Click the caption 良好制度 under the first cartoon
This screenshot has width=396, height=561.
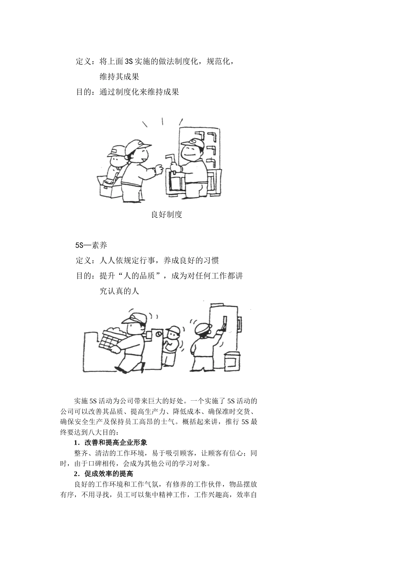pyautogui.click(x=166, y=215)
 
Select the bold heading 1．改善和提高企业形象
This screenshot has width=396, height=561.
pyautogui.click(x=110, y=442)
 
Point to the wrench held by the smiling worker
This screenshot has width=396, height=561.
pyautogui.click(x=170, y=163)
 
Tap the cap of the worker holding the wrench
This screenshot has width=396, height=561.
pyautogui.click(x=193, y=142)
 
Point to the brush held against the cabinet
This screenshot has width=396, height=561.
pyautogui.click(x=224, y=323)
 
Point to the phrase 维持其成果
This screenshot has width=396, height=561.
pyautogui.click(x=119, y=76)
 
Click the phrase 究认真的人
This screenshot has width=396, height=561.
pyautogui.click(x=119, y=291)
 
